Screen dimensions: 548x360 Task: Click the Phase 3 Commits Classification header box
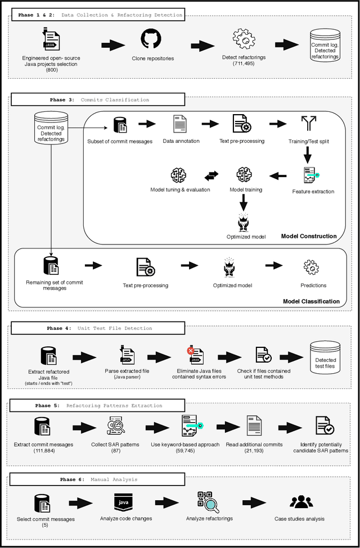[97, 99]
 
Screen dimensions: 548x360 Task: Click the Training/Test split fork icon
[308, 124]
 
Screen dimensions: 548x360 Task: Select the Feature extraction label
[313, 192]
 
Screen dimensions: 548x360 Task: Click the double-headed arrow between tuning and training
[211, 176]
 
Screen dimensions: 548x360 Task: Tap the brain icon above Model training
[244, 175]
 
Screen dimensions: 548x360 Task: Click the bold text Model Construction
[309, 236]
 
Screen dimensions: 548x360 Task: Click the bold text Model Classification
[311, 301]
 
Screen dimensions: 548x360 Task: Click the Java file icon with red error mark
[196, 356]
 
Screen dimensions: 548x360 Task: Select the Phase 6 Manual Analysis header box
[97, 479]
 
